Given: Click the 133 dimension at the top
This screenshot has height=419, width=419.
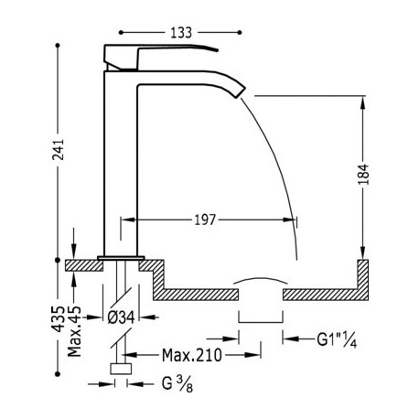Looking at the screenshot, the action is point(181,32).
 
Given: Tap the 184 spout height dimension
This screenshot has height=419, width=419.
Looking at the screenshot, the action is point(363,174).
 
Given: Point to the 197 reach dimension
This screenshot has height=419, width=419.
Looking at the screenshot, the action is point(205,220).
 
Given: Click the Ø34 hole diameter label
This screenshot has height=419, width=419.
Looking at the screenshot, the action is point(121,317).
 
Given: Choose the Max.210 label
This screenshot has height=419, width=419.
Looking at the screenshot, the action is point(191,355).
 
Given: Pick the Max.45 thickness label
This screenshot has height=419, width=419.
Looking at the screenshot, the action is point(74,331).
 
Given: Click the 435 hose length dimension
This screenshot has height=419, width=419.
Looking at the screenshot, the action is point(58,318).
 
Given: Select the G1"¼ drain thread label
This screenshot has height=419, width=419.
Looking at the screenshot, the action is point(337,339).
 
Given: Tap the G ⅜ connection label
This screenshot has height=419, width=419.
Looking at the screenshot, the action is point(177,384).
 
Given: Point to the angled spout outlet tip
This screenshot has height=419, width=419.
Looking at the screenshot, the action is point(240,91).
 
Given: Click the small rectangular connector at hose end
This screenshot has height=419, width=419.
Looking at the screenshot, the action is point(121,369).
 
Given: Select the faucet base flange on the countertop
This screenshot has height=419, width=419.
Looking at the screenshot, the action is point(121,258).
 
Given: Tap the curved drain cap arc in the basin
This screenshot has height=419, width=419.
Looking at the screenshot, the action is point(261,280).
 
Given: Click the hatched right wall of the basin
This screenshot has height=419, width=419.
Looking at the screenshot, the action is point(363,279).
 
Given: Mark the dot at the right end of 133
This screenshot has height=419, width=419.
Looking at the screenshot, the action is point(240,32).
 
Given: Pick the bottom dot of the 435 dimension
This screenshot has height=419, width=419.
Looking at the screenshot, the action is point(58,374).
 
